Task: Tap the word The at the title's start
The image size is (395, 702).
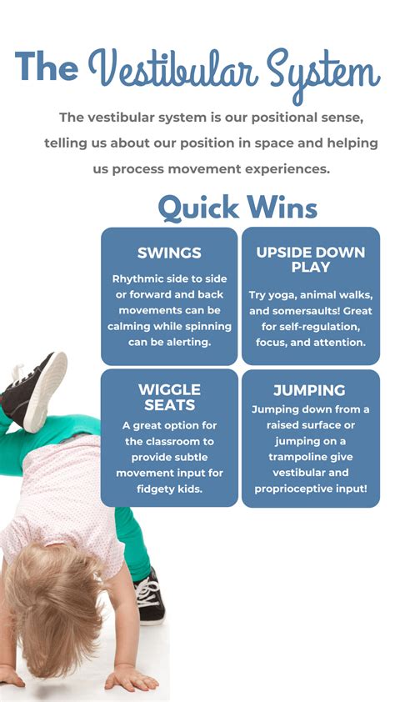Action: click(x=46, y=67)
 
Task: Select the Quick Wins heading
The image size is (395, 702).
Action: click(x=237, y=207)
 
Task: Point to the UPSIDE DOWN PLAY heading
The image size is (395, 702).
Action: click(x=310, y=259)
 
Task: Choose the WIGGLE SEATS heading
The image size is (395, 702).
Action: click(x=169, y=397)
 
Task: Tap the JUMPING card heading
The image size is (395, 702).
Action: click(x=309, y=390)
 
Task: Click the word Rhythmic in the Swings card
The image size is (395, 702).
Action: click(x=137, y=278)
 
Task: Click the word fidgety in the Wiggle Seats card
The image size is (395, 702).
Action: click(x=156, y=489)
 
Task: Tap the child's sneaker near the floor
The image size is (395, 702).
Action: click(x=148, y=597)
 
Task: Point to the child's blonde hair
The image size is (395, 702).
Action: click(x=50, y=609)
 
